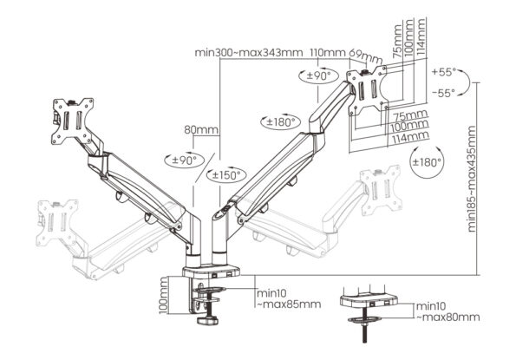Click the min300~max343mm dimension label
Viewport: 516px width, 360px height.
coord(249,52)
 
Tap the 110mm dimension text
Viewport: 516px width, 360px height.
coord(323,52)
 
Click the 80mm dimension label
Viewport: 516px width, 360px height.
coord(200,131)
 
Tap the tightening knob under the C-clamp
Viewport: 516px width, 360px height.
coord(208,322)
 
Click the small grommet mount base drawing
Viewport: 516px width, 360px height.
coord(369,301)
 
